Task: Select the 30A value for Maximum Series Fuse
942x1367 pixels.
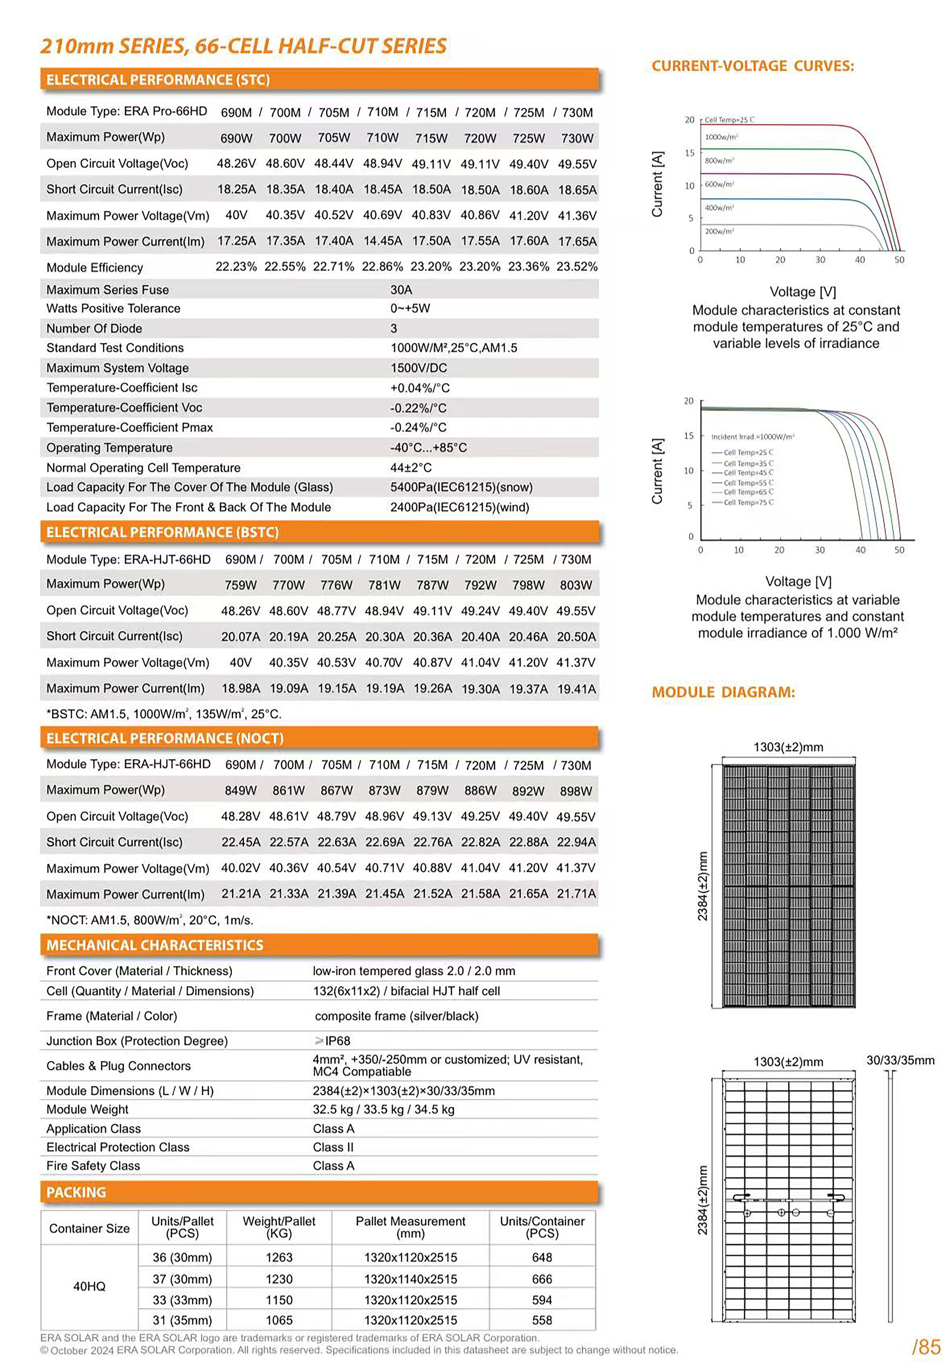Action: click(x=401, y=290)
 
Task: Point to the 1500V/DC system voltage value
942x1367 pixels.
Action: click(x=419, y=368)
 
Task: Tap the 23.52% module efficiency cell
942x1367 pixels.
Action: click(x=577, y=267)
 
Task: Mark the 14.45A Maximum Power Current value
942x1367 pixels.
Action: click(x=382, y=241)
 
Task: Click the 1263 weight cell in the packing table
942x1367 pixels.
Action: click(x=279, y=1257)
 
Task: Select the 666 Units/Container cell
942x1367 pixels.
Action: click(x=542, y=1279)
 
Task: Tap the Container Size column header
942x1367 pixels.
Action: click(x=89, y=1228)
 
